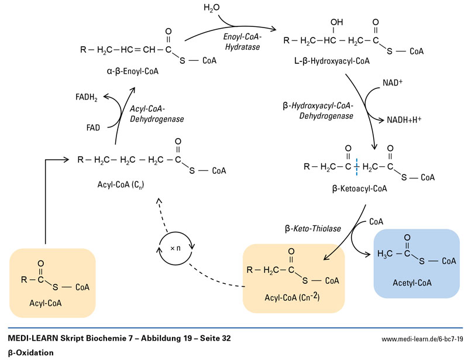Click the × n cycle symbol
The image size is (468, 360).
176,248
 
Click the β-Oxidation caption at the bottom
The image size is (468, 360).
30,352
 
